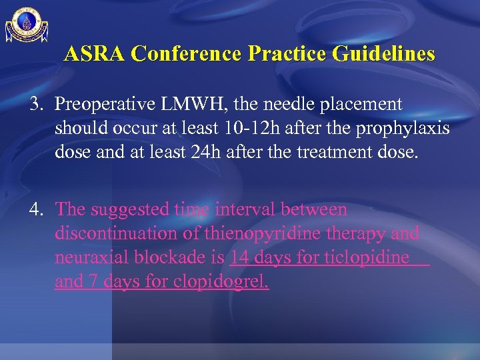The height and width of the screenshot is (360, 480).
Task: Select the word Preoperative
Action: coord(105,105)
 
